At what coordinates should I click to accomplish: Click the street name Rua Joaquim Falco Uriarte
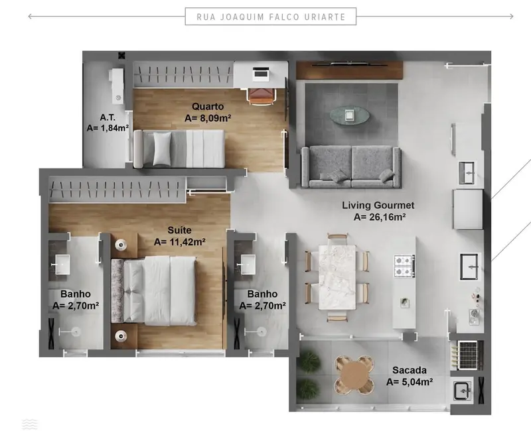point(270,17)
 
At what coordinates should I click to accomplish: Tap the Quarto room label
point(207,106)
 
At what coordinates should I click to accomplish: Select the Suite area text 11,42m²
point(179,242)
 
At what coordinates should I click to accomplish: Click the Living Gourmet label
point(378,206)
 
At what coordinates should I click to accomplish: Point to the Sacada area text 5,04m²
point(409,382)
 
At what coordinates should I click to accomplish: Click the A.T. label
point(107,117)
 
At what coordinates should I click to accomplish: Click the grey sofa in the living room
point(350,166)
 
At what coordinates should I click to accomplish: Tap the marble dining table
point(337,277)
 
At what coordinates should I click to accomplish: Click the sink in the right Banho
point(250,263)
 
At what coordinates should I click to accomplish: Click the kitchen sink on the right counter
point(471,267)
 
